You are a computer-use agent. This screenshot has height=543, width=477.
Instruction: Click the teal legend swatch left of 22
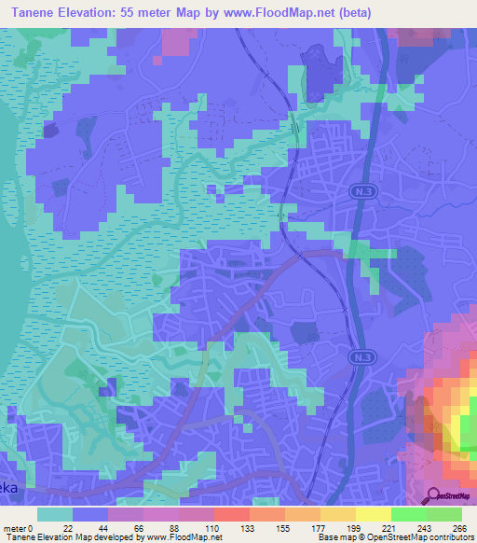tap(55, 514)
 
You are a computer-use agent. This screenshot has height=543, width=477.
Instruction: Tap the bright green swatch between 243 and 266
tap(444, 514)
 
